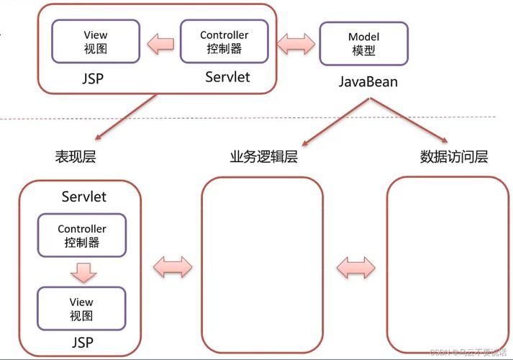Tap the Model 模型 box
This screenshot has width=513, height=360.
[x=363, y=44]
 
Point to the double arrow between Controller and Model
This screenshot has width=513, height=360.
[x=295, y=43]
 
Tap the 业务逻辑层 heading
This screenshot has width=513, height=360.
[x=263, y=156]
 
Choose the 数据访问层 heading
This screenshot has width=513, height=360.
[x=454, y=156]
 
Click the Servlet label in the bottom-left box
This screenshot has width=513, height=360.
[x=84, y=197]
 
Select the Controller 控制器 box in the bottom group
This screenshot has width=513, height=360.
[x=81, y=236]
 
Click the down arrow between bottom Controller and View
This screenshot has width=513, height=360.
[x=82, y=272]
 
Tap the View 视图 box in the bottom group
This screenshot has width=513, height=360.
[x=81, y=309]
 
